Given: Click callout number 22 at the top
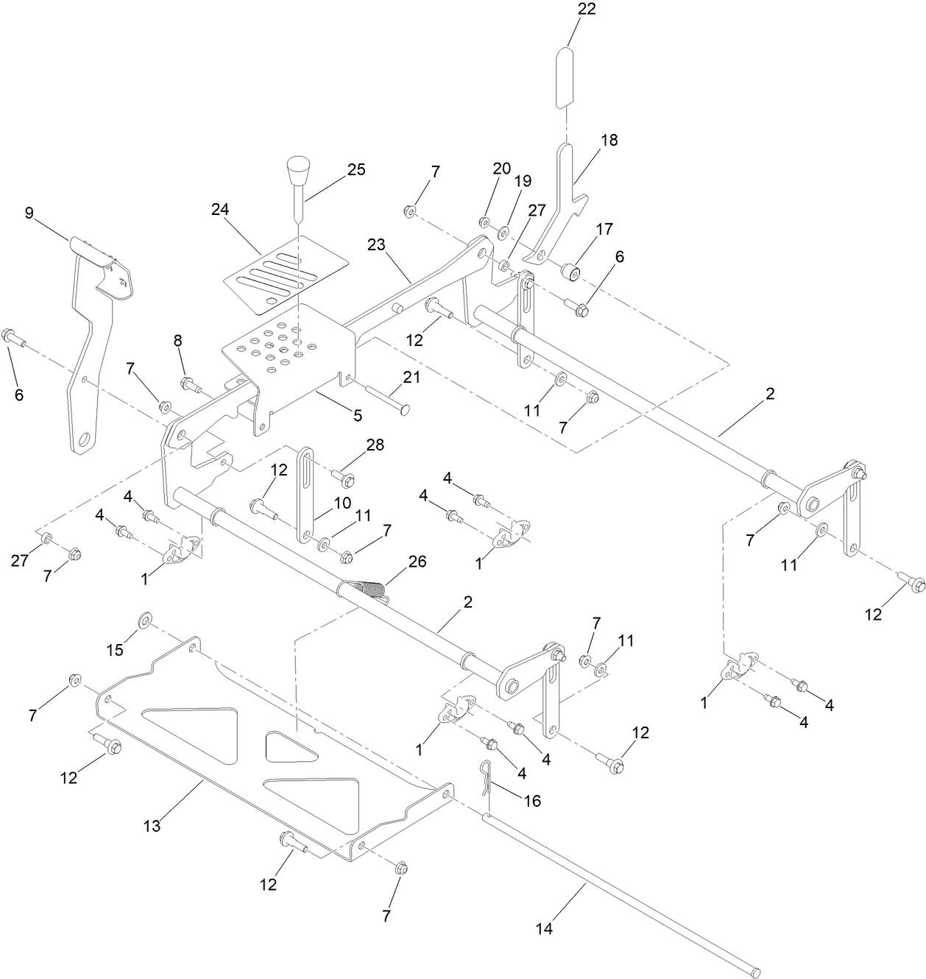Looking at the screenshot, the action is (x=587, y=9).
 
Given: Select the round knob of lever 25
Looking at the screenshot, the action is (x=297, y=171).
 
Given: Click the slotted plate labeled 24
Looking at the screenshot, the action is (x=283, y=274).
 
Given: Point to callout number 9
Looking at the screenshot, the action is (x=29, y=213).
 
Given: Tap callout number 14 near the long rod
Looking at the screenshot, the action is (x=543, y=929).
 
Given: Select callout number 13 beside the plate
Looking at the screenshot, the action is (x=151, y=826).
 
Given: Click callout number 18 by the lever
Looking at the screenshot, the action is (x=609, y=140).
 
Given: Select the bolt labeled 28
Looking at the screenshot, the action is (x=347, y=478).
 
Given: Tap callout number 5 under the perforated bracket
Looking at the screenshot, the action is (x=357, y=415).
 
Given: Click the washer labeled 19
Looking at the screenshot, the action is (x=503, y=233).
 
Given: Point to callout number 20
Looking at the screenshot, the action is (x=501, y=168).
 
